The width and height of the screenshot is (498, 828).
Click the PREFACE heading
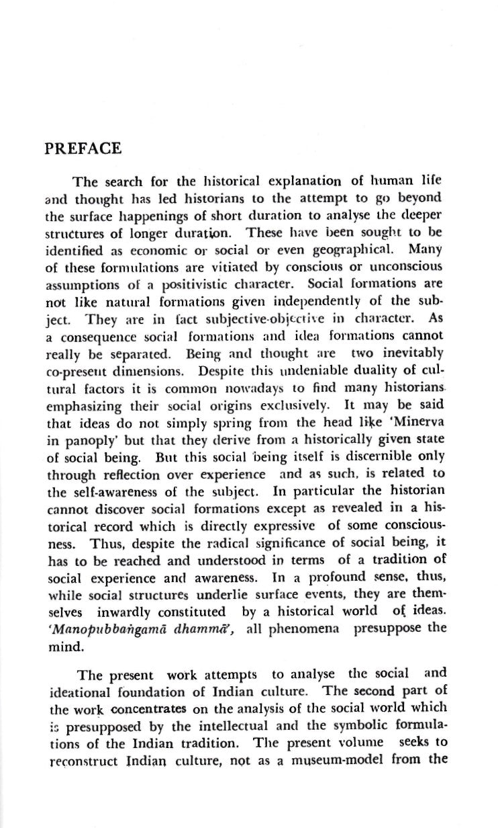83,148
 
